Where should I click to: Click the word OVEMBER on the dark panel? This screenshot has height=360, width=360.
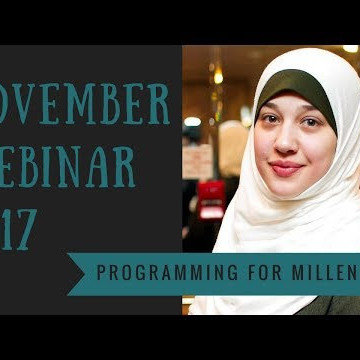pyautogui.click(x=85, y=106)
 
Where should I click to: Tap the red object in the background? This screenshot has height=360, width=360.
pyautogui.click(x=212, y=194)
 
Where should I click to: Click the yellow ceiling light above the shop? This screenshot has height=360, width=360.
pyautogui.click(x=217, y=76)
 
